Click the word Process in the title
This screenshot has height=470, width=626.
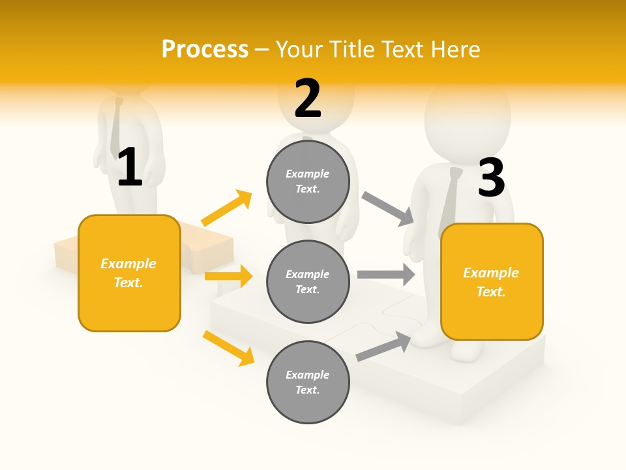point(205,49)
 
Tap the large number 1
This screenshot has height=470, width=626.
point(130,167)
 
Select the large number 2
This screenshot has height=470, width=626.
point(308,98)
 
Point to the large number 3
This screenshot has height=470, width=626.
point(491,178)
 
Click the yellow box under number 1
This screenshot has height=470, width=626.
point(129,273)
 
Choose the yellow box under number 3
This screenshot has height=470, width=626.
point(492,281)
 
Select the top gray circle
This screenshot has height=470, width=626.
point(308,181)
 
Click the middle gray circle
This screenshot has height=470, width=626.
point(308,281)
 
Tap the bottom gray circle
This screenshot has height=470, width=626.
point(308,382)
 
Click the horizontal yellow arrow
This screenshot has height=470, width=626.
point(228,276)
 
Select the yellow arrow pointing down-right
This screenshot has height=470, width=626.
point(228,347)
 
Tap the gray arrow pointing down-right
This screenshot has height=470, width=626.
point(387,209)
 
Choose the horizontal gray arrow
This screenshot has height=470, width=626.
point(386,274)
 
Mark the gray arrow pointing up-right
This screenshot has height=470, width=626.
point(383,346)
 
